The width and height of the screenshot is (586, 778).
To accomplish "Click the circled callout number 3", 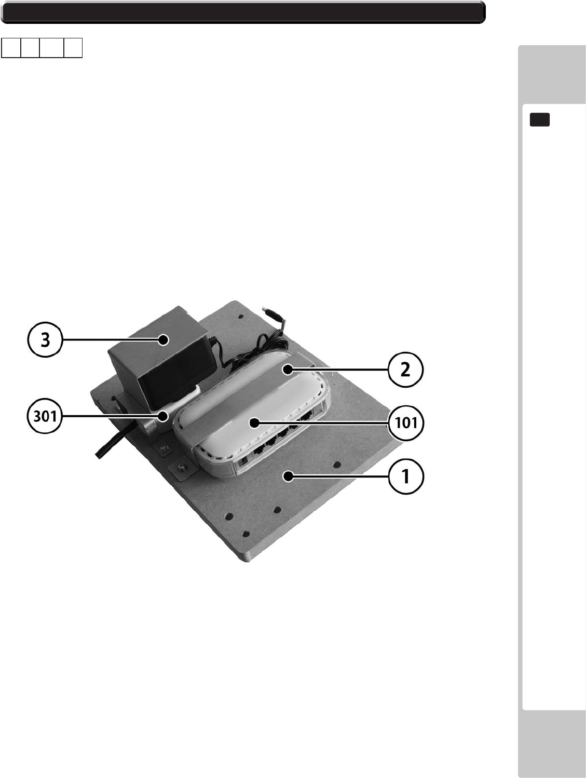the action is tap(45, 339).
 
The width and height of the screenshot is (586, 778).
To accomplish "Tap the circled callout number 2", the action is tap(405, 370).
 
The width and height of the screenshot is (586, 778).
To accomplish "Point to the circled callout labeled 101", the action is tap(406, 422).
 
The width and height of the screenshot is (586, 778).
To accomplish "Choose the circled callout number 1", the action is tap(406, 476).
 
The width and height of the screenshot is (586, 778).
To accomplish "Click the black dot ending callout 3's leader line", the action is tap(163, 340).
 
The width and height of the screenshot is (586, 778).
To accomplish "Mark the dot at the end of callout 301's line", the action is tap(163, 416).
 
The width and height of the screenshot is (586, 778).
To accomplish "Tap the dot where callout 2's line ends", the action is tap(288, 370).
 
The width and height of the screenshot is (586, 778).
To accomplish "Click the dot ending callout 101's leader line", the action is tap(254, 422).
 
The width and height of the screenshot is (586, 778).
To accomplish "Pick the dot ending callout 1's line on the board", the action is tap(289, 476).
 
